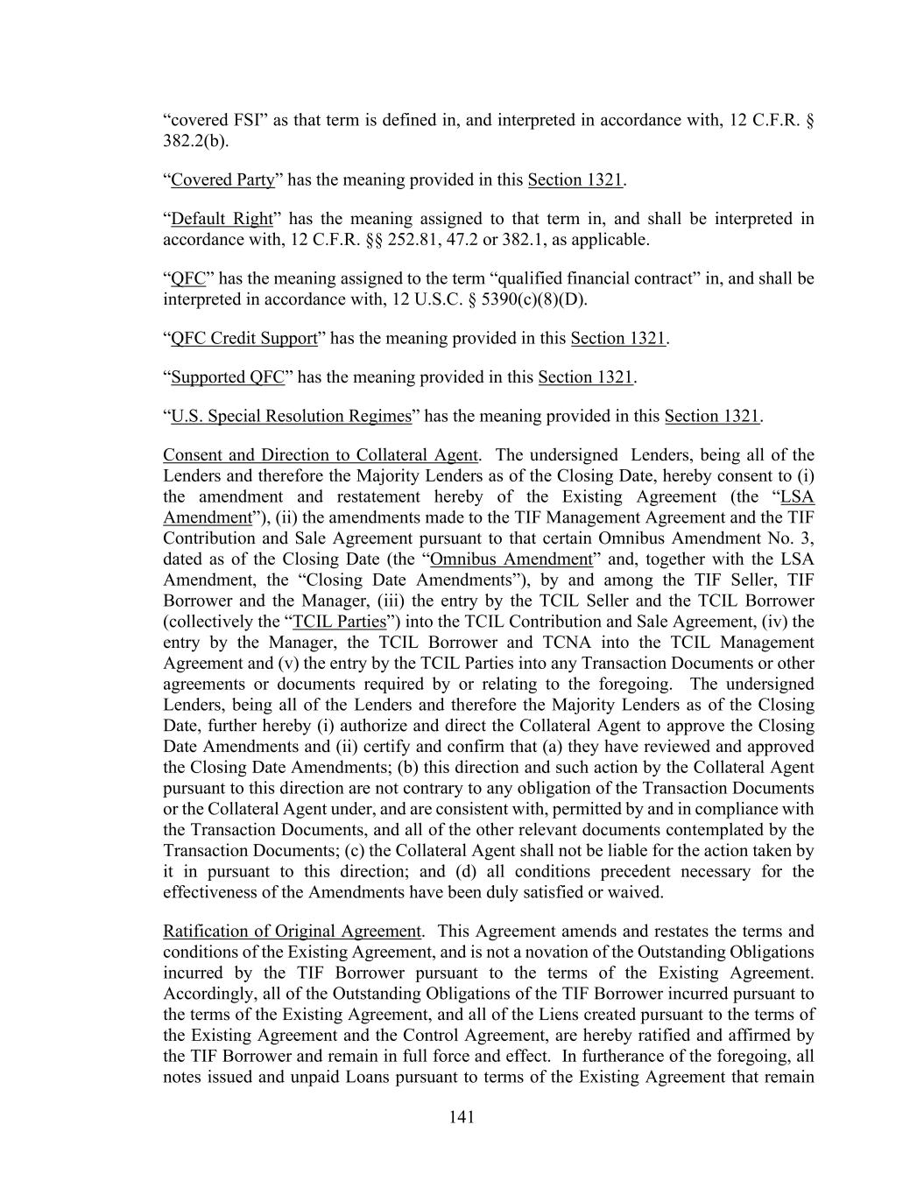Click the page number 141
(462, 1116)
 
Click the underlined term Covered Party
(222, 180)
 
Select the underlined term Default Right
(222, 219)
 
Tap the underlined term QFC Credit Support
(243, 339)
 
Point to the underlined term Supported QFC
(228, 377)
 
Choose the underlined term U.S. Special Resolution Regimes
(291, 417)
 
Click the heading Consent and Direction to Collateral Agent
(321, 455)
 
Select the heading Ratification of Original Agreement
(292, 931)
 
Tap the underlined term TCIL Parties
(339, 622)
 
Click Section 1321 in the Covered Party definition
(575, 180)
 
